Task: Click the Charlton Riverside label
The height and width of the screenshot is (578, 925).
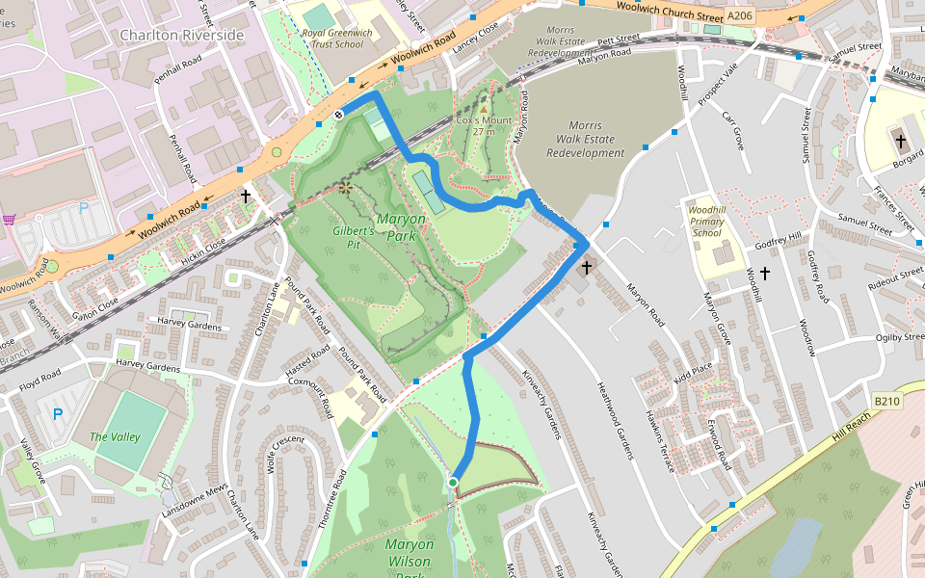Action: (182, 36)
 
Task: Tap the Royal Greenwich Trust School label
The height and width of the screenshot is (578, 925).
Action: (332, 38)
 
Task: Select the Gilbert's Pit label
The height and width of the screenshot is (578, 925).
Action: (353, 238)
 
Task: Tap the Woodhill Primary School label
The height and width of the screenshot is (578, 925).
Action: (706, 221)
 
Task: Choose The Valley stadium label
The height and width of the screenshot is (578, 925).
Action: (115, 436)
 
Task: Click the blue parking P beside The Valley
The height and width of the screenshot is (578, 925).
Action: (57, 414)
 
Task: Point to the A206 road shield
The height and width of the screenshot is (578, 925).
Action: (739, 16)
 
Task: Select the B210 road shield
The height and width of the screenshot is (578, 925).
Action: (886, 400)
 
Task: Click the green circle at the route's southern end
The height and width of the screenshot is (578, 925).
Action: (453, 482)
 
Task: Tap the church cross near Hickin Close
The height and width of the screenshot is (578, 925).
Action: (246, 197)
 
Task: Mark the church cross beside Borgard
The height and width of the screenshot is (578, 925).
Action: (900, 142)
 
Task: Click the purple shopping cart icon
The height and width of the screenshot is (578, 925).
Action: (9, 220)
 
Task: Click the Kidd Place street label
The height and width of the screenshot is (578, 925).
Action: (693, 369)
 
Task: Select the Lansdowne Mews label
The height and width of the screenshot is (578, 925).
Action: (194, 501)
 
